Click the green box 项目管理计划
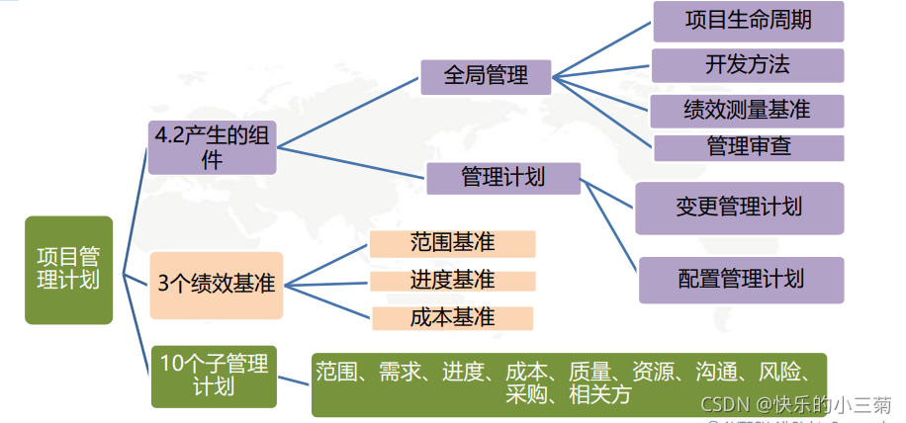pyautogui.click(x=68, y=270)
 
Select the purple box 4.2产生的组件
pyautogui.click(x=212, y=147)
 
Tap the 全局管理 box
pyautogui.click(x=486, y=75)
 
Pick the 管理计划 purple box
pyautogui.click(x=503, y=178)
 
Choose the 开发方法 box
pyautogui.click(x=748, y=65)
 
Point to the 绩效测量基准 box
pyautogui.click(x=748, y=110)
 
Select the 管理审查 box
pyautogui.click(x=748, y=147)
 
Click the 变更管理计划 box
pyautogui.click(x=739, y=208)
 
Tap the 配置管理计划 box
pyautogui.click(x=741, y=280)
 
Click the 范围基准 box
pyautogui.click(x=452, y=243)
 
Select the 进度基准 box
pyautogui.click(x=452, y=281)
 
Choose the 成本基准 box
pyautogui.click(x=452, y=318)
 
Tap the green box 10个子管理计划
pyautogui.click(x=214, y=376)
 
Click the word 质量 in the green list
pyautogui.click(x=589, y=373)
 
